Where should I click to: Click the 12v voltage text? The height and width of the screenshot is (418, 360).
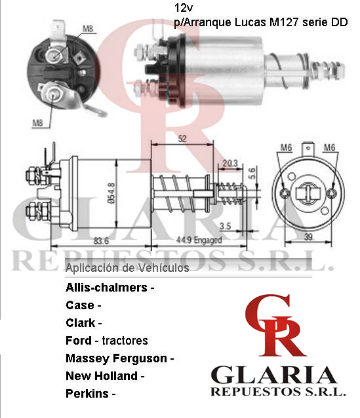click(x=184, y=9)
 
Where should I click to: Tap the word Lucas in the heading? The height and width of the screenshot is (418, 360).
click(x=250, y=22)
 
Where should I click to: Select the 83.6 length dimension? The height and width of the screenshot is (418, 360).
click(x=101, y=241)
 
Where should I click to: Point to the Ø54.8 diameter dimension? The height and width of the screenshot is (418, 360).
click(x=111, y=193)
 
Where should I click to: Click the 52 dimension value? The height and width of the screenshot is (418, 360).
click(x=182, y=139)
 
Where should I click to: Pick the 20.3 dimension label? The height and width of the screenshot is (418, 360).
click(x=230, y=163)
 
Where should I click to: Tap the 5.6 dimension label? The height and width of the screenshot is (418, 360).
click(x=252, y=173)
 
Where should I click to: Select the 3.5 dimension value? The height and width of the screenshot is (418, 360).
click(x=225, y=226)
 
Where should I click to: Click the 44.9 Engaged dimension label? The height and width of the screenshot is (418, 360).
click(x=199, y=240)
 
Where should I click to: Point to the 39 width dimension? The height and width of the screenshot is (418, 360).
click(x=308, y=237)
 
